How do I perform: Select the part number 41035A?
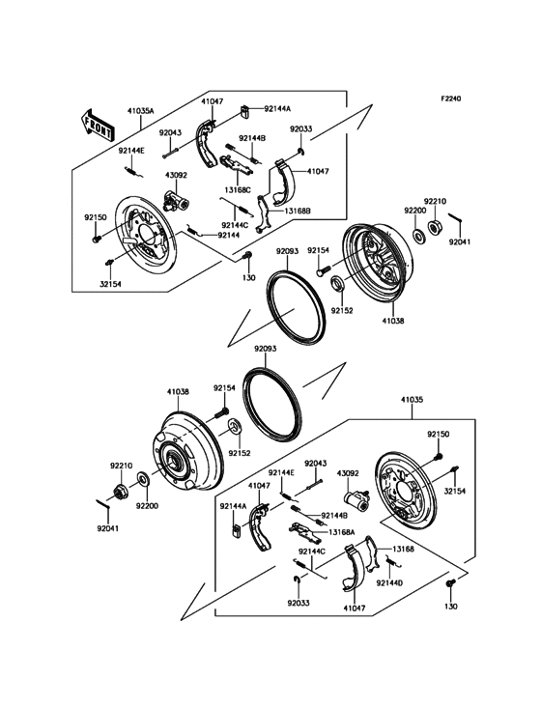tap(140, 112)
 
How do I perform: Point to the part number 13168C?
tap(238, 190)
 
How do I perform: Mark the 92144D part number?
tap(389, 583)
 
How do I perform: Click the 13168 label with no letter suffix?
tap(404, 548)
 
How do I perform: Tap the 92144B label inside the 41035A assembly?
tap(252, 139)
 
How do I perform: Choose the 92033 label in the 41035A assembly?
tap(300, 128)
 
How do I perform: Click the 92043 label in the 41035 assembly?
tap(317, 464)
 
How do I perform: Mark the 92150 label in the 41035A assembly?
tap(94, 218)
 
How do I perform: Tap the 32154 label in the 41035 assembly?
tap(456, 491)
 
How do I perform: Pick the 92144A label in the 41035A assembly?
tap(276, 110)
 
